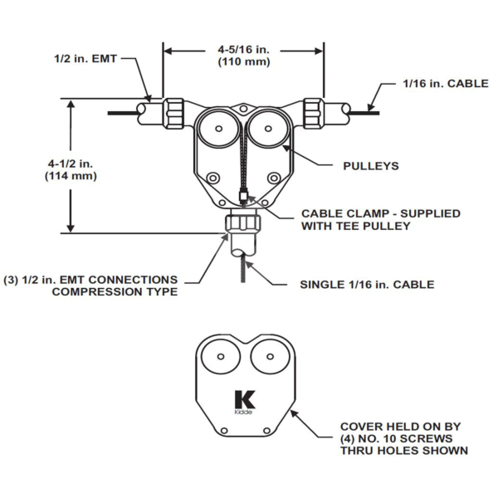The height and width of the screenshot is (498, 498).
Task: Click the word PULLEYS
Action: pyautogui.click(x=371, y=166)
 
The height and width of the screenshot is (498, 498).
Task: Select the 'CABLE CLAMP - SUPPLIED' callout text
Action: pyautogui.click(x=380, y=213)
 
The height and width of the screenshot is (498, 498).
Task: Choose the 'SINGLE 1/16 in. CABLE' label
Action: pyautogui.click(x=367, y=285)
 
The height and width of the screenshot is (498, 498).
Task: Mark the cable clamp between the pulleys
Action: pyautogui.click(x=242, y=197)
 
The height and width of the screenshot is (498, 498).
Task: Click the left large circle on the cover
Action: pyautogui.click(x=221, y=360)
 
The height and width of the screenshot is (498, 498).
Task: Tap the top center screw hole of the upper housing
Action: pyautogui.click(x=242, y=107)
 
